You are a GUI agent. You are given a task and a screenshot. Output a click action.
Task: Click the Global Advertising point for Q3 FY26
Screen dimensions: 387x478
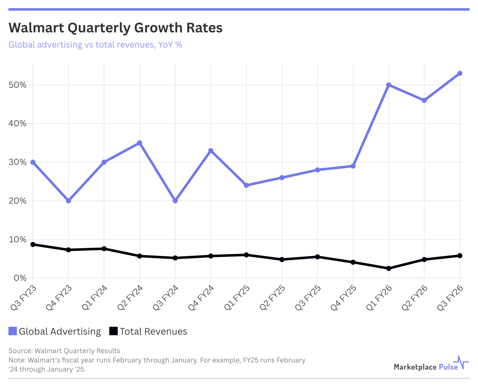click(460, 73)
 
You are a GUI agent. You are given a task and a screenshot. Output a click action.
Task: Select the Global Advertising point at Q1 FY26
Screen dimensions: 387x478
click(389, 85)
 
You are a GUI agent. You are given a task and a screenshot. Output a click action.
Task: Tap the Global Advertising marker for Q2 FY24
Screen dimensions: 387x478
click(139, 143)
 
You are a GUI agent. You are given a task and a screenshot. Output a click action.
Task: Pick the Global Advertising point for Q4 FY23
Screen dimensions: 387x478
click(68, 201)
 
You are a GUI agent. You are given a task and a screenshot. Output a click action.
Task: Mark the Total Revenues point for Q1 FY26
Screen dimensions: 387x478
click(389, 268)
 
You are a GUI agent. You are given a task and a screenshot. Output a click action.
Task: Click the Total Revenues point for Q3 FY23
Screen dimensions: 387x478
click(33, 244)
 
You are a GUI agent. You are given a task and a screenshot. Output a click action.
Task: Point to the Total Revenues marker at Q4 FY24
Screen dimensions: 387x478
click(211, 256)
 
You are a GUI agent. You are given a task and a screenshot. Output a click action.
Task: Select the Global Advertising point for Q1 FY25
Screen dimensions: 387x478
click(246, 185)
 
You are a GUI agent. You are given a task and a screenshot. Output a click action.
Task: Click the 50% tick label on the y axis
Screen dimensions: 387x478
click(17, 85)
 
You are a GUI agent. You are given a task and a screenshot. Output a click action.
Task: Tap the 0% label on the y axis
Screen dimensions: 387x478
click(20, 278)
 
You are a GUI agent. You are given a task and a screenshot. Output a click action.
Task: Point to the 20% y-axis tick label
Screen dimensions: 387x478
click(17, 201)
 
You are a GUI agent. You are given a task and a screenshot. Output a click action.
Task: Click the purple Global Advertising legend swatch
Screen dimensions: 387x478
click(13, 331)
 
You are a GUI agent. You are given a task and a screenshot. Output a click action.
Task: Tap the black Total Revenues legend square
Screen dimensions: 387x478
click(113, 331)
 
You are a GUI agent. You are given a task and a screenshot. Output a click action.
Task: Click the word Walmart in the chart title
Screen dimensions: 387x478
click(36, 28)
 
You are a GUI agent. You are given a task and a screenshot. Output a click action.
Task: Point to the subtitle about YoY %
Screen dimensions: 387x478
click(95, 45)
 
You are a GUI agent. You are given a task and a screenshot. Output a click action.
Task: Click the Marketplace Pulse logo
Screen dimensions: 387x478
click(431, 364)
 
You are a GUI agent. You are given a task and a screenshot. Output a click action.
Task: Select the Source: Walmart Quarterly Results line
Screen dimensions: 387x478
click(64, 351)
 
